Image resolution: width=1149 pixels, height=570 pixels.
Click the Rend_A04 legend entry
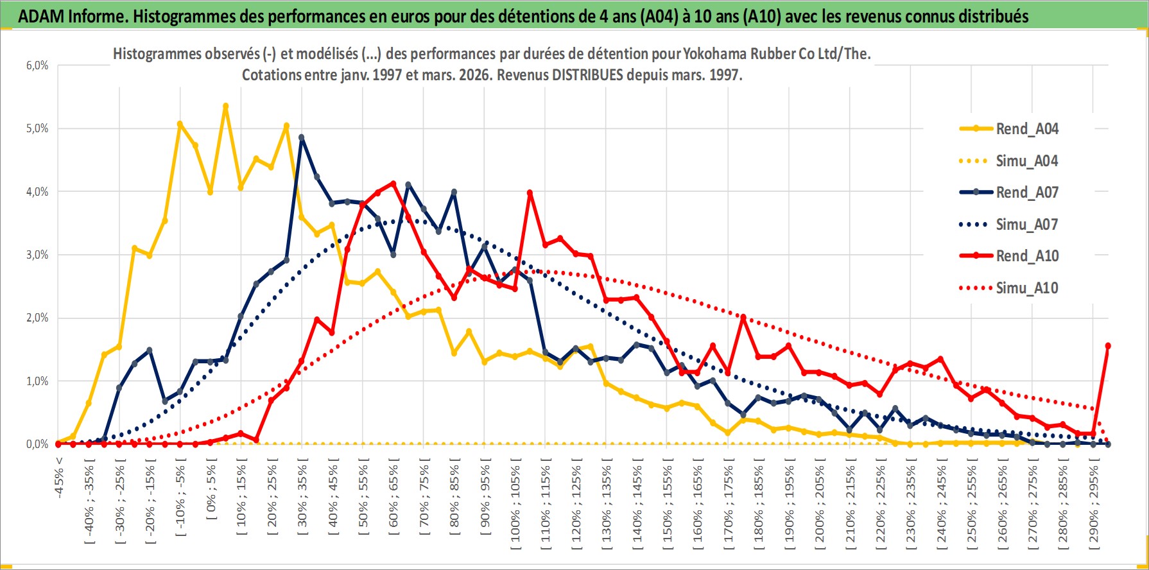1026,129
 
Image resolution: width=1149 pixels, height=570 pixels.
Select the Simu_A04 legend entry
1026,161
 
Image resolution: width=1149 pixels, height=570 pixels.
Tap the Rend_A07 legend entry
1026,193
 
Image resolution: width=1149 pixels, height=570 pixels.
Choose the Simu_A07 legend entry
1026,225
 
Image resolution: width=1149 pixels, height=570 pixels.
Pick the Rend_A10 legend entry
1026,256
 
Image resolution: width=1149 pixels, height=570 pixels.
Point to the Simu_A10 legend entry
1026,288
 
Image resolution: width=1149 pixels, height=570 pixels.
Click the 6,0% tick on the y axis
37,65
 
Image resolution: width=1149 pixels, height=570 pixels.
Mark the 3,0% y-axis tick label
37,255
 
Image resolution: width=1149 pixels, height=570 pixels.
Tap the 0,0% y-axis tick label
37,444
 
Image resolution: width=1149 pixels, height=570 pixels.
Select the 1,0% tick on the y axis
37,381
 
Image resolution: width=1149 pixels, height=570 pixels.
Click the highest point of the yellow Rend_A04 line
226,107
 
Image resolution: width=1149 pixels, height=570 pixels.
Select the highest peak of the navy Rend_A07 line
302,137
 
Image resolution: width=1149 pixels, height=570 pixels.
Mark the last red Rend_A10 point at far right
1108,346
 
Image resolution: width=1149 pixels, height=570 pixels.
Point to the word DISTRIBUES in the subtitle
587,75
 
